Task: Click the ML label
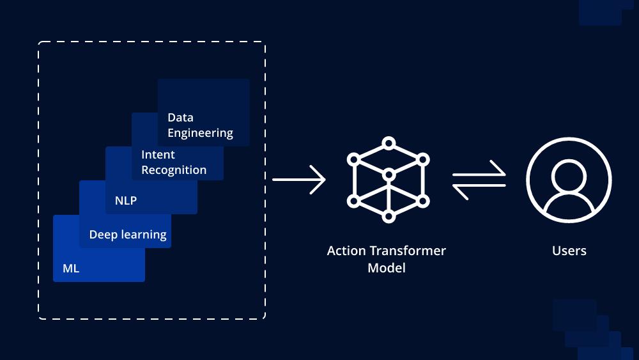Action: (71, 269)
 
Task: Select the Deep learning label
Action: (128, 235)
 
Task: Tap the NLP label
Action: (125, 200)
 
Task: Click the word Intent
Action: (158, 155)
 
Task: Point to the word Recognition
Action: (174, 170)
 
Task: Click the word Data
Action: (181, 118)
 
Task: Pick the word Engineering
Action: (200, 133)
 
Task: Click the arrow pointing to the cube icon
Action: (298, 180)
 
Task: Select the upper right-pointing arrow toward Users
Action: (479, 171)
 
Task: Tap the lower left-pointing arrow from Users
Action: (479, 189)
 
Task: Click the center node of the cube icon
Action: (389, 175)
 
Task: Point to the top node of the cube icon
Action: (389, 143)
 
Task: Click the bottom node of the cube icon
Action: (389, 217)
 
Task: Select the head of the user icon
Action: (569, 177)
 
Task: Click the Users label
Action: (569, 250)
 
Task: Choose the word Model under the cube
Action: (387, 268)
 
